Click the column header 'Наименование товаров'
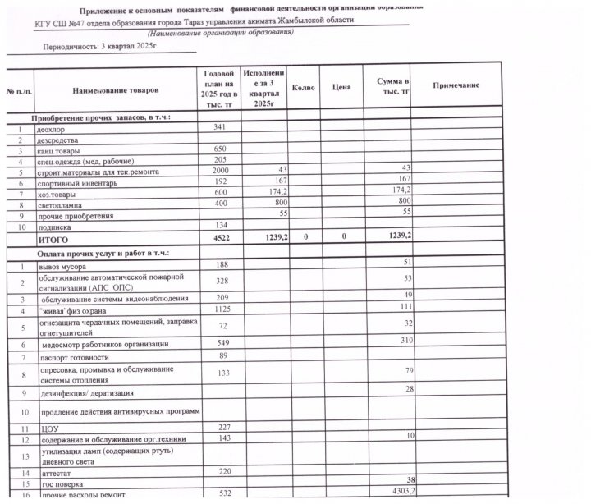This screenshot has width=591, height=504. click(115, 88)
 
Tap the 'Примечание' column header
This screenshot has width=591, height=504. click(455, 86)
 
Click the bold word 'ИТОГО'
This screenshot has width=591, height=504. click(53, 241)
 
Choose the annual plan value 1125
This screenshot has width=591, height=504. click(218, 309)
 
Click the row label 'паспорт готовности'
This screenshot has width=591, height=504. click(75, 358)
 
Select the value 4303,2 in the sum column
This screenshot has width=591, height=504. click(392, 491)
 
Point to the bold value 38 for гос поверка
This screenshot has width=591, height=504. click(401, 479)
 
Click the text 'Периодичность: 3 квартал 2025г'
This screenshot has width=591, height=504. click(89, 48)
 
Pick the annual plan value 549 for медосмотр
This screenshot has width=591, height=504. click(218, 341)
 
